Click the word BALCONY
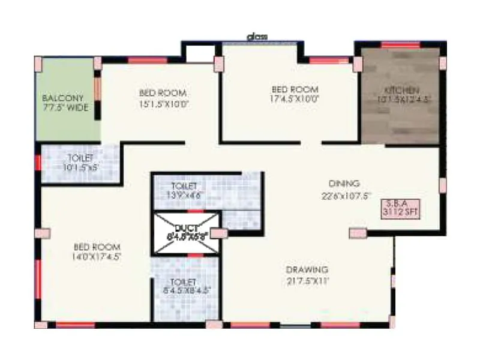[x=62, y=97]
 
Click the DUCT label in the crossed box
[x=187, y=228]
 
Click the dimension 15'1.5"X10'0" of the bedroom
[x=163, y=104]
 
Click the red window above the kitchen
[x=400, y=44]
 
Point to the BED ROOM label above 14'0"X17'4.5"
[x=97, y=247]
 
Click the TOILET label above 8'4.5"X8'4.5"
[x=183, y=281]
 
